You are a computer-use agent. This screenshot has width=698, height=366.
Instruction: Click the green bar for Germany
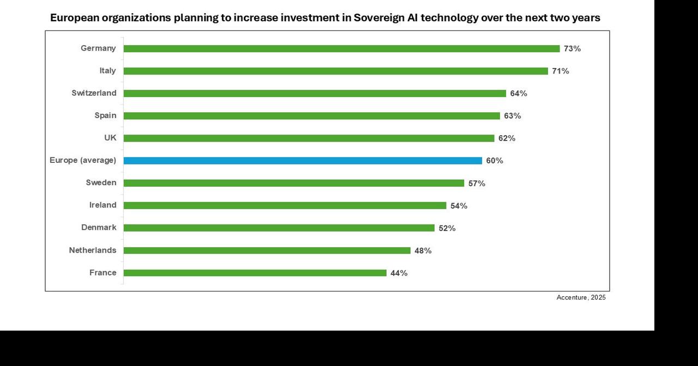(x=341, y=48)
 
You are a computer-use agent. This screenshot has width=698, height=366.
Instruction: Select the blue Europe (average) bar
(x=303, y=161)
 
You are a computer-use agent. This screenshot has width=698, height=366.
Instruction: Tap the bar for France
(x=255, y=273)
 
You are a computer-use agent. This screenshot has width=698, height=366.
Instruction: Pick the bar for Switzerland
(x=315, y=93)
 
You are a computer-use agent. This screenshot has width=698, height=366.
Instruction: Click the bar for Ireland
(x=285, y=205)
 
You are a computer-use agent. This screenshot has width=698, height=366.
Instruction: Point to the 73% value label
(x=572, y=48)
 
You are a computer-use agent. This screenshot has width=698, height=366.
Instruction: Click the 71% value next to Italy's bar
(x=560, y=71)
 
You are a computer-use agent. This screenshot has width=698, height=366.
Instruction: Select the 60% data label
(x=495, y=161)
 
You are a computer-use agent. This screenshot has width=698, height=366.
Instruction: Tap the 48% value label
(x=423, y=251)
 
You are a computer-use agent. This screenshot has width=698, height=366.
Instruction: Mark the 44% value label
(x=399, y=273)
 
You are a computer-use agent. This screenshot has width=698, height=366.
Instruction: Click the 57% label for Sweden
(x=477, y=184)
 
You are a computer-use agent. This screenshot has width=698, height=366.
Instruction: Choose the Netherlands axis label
(x=92, y=250)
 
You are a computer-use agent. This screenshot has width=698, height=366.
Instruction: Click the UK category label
(x=110, y=138)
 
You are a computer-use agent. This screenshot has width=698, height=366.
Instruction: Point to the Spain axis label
(x=105, y=115)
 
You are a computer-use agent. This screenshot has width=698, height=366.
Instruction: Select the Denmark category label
(x=99, y=228)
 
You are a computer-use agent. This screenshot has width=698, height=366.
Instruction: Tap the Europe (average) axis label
(x=83, y=160)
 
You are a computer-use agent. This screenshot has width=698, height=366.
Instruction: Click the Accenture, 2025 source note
(x=581, y=297)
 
